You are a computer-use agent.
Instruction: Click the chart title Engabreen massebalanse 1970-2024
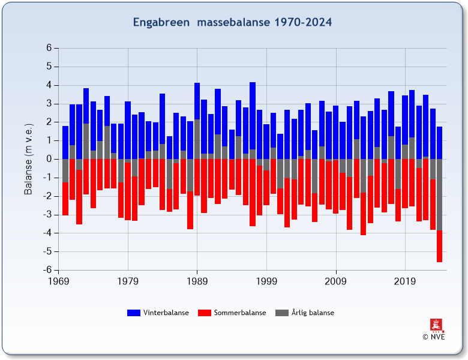232,22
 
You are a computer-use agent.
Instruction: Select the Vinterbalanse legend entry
166,313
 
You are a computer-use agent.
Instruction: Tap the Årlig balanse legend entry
313,313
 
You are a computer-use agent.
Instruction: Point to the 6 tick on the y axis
49,48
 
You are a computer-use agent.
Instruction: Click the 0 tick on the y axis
49,159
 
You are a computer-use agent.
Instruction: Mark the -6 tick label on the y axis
47,270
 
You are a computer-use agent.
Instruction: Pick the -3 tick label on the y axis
47,215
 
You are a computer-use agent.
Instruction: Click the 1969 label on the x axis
58,281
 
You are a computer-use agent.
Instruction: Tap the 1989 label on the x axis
197,281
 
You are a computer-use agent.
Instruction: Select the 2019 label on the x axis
405,281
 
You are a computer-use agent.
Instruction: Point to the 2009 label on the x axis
335,281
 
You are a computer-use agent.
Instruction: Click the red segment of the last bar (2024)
440,246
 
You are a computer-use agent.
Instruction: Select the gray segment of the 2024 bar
440,194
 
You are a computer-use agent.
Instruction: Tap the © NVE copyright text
434,337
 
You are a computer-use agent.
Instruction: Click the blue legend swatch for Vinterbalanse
133,313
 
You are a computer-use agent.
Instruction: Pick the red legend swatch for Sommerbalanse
205,313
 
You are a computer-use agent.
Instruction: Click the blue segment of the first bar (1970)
65,142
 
